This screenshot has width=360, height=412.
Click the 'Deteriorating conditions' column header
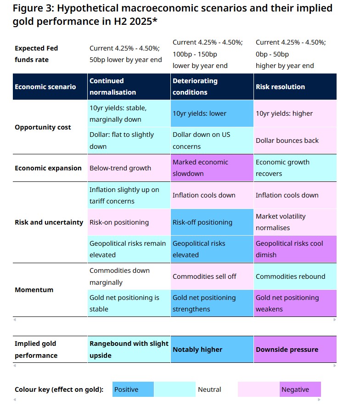coord(211,86)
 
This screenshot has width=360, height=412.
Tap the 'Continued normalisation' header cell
coord(129,86)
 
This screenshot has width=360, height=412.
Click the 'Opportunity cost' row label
coord(43,127)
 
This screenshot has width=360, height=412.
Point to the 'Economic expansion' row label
coord(48,168)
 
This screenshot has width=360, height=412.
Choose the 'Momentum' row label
coord(34,290)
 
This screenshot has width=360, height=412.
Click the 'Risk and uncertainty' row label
coord(49,222)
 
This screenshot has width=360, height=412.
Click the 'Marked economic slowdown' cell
coord(211,168)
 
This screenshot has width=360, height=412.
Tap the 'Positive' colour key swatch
coord(133,389)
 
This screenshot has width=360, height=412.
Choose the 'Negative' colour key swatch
coord(300,389)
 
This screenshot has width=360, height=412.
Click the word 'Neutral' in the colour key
coord(209,389)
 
